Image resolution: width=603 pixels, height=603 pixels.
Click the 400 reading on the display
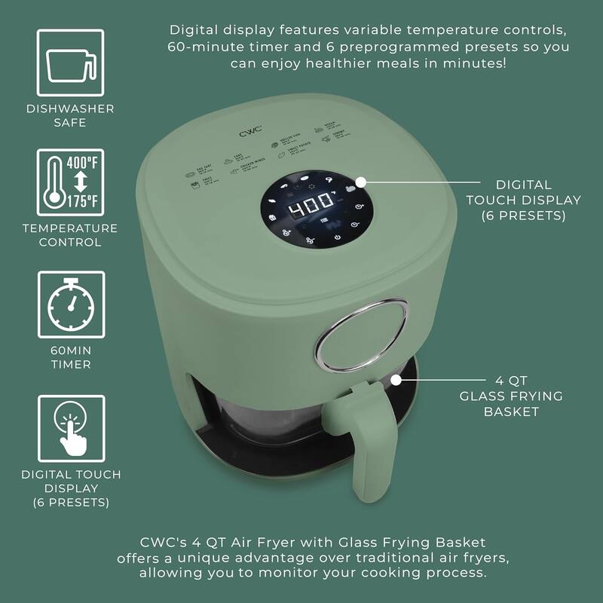tap(311, 204)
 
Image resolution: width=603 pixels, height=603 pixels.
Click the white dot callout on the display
tap(361, 182)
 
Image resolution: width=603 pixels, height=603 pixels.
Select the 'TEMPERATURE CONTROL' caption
tap(70, 235)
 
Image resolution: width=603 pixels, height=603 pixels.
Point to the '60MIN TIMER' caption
tap(70, 357)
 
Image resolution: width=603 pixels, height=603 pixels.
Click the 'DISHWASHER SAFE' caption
tap(70, 115)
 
